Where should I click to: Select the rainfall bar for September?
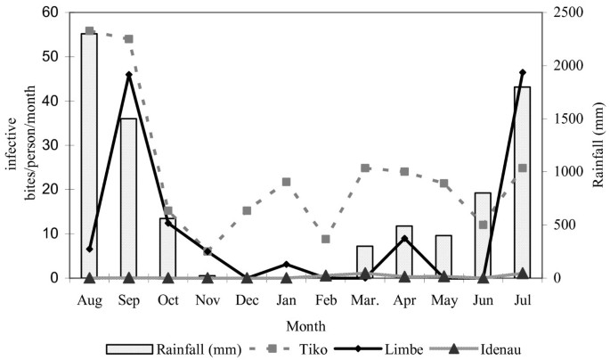pyautogui.click(x=128, y=196)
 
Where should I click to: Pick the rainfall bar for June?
pyautogui.click(x=483, y=235)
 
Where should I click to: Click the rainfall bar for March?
pyautogui.click(x=364, y=261)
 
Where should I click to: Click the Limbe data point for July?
pyautogui.click(x=522, y=72)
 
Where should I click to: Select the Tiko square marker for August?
pyautogui.click(x=89, y=30)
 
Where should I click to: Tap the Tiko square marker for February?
pyautogui.click(x=325, y=239)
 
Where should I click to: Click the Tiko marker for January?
pyautogui.click(x=286, y=182)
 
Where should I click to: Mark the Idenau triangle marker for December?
pyautogui.click(x=247, y=278)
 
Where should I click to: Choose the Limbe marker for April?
pyautogui.click(x=404, y=238)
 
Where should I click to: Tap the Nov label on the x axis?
pyautogui.click(x=207, y=300)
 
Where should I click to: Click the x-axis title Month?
pyautogui.click(x=305, y=326)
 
